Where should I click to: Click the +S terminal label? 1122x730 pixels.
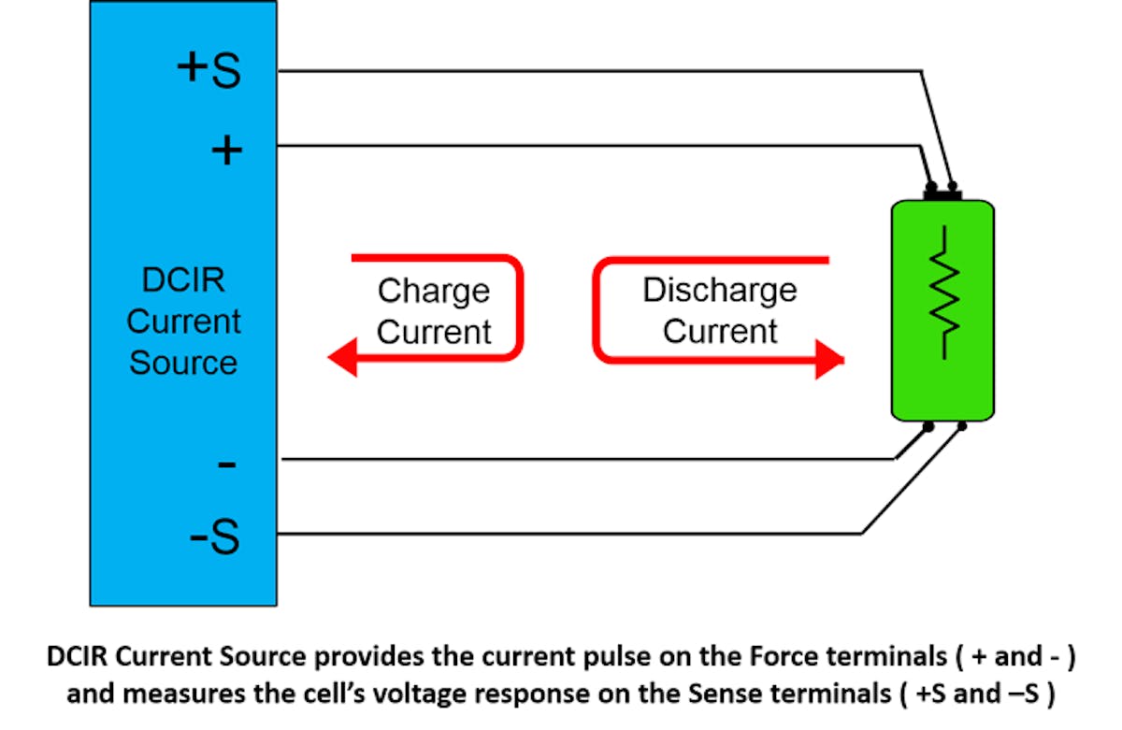point(209,70)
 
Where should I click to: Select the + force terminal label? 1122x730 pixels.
point(226,150)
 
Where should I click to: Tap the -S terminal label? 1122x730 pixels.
point(215,537)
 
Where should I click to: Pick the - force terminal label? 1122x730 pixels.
point(226,463)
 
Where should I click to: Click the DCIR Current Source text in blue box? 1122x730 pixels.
point(183,321)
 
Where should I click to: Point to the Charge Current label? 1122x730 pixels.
point(433,310)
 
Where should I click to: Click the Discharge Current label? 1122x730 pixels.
point(719,309)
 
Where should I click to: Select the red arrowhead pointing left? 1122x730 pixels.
point(342,358)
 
